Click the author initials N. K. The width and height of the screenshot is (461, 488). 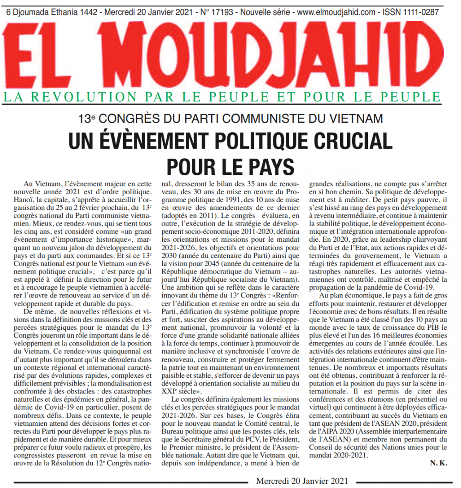(438, 463)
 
